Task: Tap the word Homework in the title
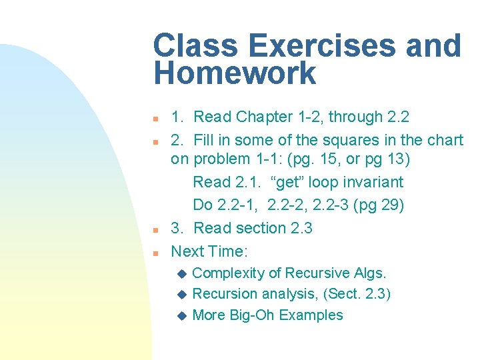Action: pyautogui.click(x=235, y=73)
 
